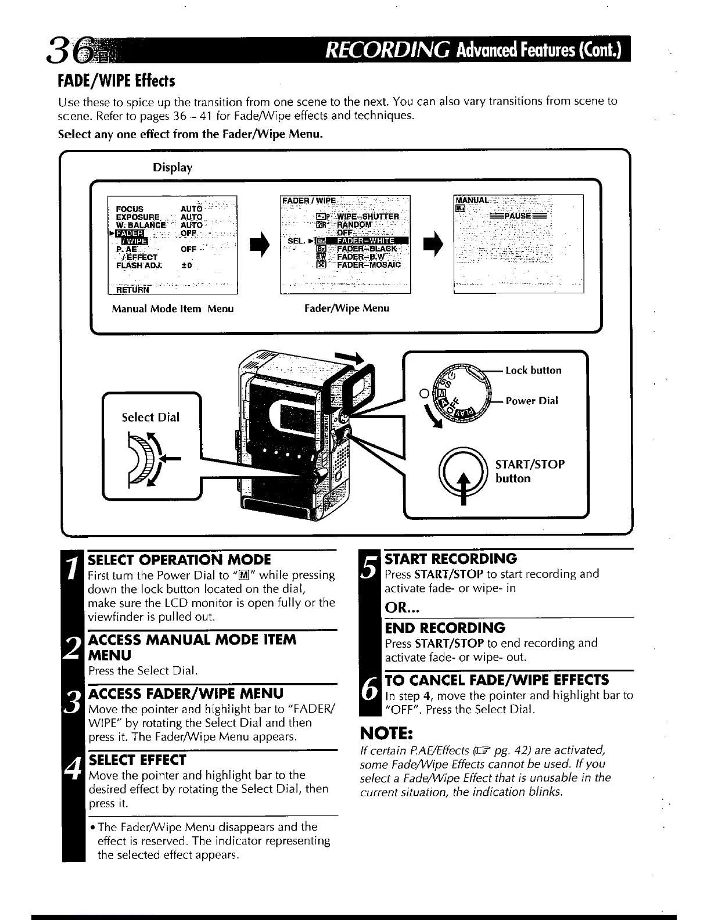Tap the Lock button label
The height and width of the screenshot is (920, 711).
(x=533, y=371)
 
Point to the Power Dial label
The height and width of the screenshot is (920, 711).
(x=531, y=401)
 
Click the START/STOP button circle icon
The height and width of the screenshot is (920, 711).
(x=463, y=470)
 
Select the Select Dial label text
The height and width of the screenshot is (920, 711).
(x=150, y=417)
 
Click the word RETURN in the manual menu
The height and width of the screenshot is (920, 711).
(x=132, y=289)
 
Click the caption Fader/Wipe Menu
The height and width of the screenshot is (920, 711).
(x=347, y=308)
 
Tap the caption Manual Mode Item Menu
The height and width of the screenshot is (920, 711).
(x=173, y=308)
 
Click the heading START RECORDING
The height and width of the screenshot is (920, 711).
(x=451, y=559)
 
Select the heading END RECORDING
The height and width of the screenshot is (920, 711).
(x=445, y=628)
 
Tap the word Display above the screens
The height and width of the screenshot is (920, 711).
(x=173, y=167)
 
